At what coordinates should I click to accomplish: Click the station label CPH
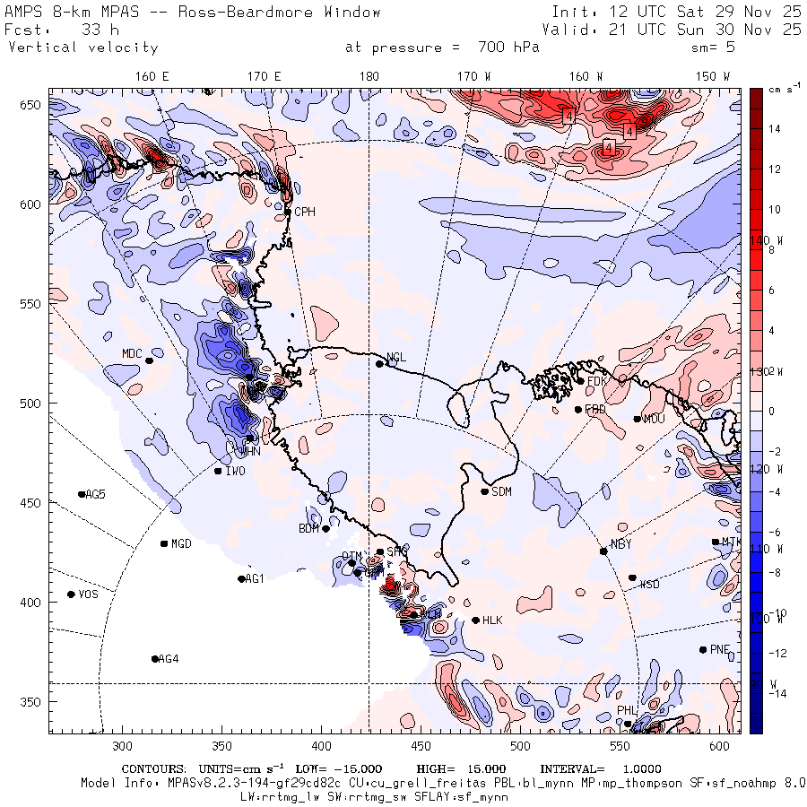click(306, 213)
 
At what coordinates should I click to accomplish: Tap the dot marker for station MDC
click(149, 361)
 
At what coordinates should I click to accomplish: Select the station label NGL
click(396, 358)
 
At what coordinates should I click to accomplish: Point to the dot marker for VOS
click(72, 594)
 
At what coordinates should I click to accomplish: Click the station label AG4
click(169, 659)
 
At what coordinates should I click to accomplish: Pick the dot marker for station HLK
click(475, 620)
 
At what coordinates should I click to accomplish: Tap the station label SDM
click(502, 492)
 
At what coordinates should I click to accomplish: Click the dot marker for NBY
click(603, 551)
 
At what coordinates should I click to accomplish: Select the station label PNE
click(720, 650)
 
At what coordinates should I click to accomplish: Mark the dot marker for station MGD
click(164, 543)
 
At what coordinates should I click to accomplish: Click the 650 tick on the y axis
click(33, 105)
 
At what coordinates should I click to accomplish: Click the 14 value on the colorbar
click(775, 129)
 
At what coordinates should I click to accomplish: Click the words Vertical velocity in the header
click(83, 48)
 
